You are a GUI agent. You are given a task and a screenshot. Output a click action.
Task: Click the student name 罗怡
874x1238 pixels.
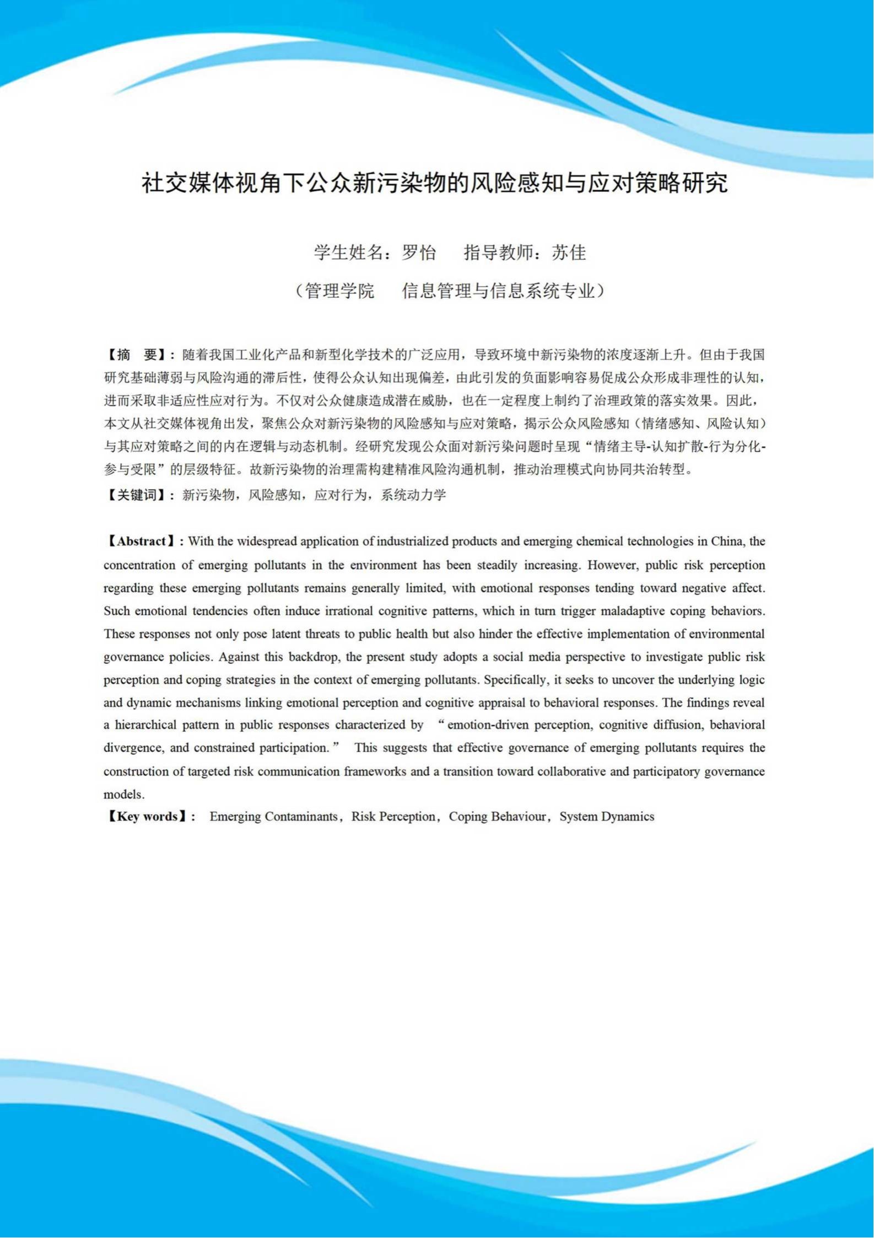419,253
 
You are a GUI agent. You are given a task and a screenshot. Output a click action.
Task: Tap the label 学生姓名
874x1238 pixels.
348,253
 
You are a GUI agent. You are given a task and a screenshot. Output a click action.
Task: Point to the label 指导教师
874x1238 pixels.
498,253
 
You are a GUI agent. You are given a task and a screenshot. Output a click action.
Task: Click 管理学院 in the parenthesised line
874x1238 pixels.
339,291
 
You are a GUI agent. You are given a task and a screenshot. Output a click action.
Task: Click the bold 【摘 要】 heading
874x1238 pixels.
137,354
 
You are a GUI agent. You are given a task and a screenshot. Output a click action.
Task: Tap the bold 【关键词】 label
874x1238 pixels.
137,495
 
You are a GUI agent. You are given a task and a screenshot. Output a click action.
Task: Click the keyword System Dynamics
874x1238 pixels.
607,817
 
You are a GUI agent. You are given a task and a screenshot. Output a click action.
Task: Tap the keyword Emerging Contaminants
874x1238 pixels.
273,817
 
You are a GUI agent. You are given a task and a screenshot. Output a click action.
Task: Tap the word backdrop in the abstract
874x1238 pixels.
314,657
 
